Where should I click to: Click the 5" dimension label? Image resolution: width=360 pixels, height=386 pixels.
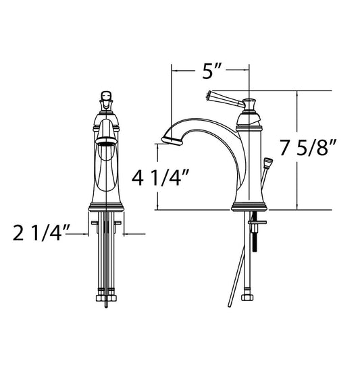(211, 71)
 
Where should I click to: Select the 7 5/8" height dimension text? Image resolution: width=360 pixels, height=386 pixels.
(308, 148)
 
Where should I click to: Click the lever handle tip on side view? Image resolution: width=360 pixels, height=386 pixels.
(209, 95)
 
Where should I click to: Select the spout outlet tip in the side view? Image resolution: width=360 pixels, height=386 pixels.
(172, 140)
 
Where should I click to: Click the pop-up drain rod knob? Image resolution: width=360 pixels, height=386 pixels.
(268, 163)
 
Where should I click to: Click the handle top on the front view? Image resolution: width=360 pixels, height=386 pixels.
(106, 95)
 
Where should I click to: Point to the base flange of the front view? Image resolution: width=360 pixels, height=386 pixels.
(106, 207)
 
